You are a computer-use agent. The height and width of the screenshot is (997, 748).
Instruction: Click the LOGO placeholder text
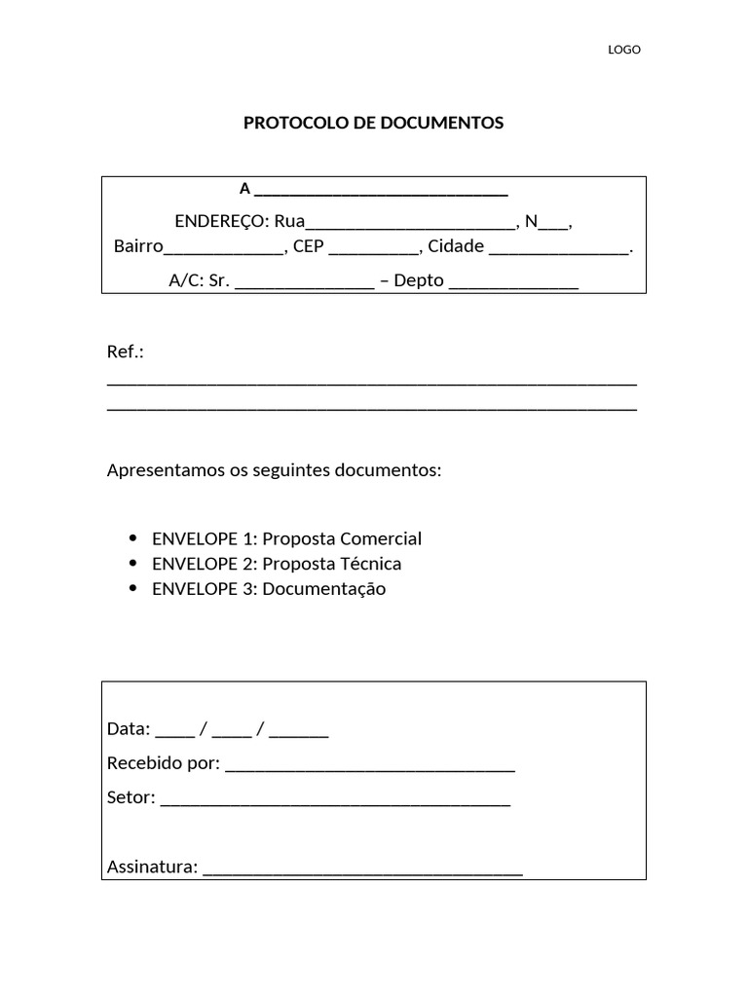pos(624,50)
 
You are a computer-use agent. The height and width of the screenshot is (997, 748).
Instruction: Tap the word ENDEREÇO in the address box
pos(222,221)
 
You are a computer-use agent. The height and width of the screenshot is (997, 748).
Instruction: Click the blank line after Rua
pos(410,224)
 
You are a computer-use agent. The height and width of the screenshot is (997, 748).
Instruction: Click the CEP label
pos(308,246)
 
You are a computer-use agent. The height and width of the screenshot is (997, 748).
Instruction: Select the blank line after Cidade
pos(559,249)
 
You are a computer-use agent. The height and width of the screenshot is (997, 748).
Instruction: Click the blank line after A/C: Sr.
pos(304,284)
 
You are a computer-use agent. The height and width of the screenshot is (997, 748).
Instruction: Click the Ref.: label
pos(125,351)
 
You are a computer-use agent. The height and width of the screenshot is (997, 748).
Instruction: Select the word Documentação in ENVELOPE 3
pos(324,589)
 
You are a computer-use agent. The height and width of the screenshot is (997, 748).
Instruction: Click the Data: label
pos(129,729)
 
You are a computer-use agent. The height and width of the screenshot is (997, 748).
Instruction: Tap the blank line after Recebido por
pos(369,766)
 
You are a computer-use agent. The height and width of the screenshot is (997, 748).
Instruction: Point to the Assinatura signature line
pos(362,870)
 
